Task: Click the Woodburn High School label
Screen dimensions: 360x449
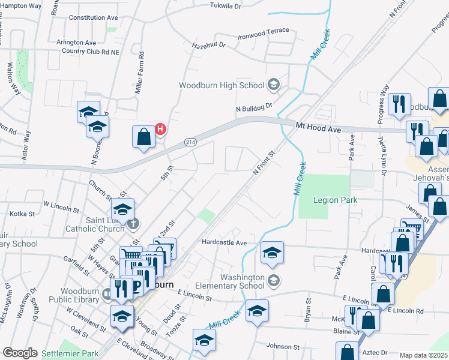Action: click(x=221, y=85)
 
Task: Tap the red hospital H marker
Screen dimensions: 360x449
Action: click(x=160, y=128)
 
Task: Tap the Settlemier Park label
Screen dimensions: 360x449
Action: click(x=70, y=353)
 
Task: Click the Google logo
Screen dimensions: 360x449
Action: click(x=20, y=353)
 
